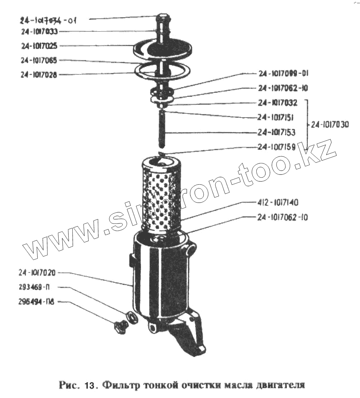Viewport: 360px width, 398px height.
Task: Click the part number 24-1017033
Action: click(39, 32)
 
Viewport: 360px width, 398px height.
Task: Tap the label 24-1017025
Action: click(39, 46)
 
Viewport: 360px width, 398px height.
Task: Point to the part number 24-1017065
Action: click(39, 60)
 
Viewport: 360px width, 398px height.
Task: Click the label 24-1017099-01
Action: click(283, 74)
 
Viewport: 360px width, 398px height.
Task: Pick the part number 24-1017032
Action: click(278, 103)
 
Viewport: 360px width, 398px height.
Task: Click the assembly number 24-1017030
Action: click(330, 125)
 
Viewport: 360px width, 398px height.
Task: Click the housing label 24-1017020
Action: click(37, 273)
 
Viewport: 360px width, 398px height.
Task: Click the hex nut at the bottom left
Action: click(119, 328)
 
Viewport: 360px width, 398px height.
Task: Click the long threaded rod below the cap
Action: click(162, 130)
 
